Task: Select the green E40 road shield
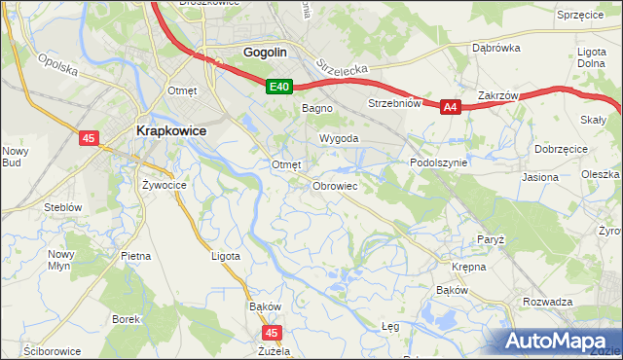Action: point(279,88)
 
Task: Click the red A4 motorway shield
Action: point(450,108)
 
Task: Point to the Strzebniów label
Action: point(393,103)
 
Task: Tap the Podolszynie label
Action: point(439,163)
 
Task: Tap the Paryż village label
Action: point(490,238)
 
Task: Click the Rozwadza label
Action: point(547,302)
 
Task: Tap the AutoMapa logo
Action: point(559,342)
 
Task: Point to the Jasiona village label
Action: point(540,178)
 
